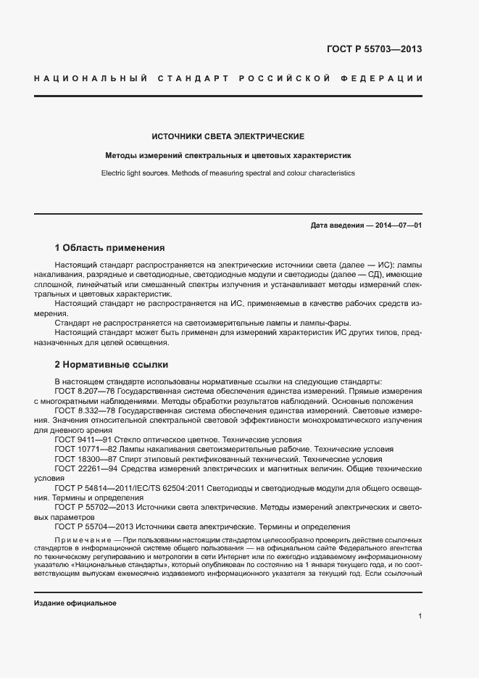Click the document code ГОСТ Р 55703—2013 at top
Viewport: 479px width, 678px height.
pos(375,49)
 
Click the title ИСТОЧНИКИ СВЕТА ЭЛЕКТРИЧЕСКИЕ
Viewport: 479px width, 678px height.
pos(228,136)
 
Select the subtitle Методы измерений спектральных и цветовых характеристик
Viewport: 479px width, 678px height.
pos(228,155)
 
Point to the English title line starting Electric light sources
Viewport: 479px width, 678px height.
pos(228,174)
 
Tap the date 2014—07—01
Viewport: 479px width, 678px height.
pos(399,226)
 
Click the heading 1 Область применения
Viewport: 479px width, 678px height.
pos(110,247)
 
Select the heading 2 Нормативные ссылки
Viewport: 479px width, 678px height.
pos(112,364)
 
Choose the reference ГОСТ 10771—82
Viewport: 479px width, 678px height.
pos(81,450)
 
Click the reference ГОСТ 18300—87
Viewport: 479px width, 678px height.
pos(81,459)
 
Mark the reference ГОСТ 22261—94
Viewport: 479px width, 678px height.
pos(81,469)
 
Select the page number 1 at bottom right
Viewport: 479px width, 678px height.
pos(420,616)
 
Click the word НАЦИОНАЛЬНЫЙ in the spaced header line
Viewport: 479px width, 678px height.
pos(91,78)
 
